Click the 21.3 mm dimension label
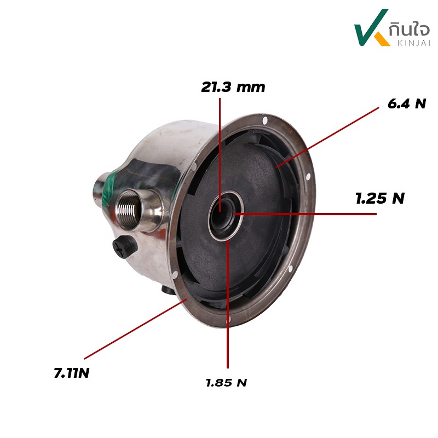coord(233,87)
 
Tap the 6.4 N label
coord(407,103)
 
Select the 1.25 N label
coord(380,198)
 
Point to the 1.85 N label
coord(226,382)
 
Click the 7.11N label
coord(72,373)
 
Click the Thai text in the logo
coord(409,29)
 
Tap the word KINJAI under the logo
coord(413,43)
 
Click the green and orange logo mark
coord(372,27)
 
